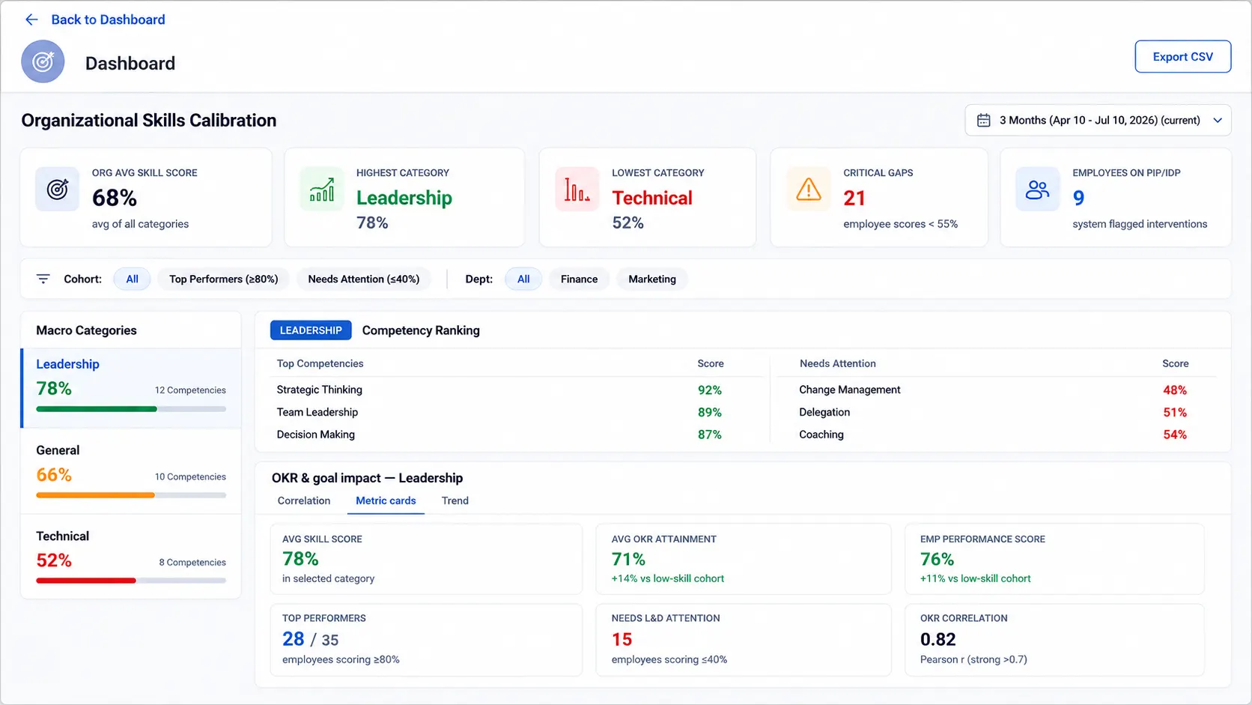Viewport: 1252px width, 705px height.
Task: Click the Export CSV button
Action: [1182, 56]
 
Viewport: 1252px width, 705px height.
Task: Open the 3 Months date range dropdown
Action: [1098, 120]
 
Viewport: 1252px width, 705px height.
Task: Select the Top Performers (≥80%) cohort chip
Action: [224, 279]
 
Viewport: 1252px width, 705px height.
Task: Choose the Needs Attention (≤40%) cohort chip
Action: [364, 279]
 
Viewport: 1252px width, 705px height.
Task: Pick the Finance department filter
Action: [579, 279]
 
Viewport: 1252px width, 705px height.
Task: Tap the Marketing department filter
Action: [652, 279]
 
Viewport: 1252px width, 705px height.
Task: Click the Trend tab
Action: [455, 500]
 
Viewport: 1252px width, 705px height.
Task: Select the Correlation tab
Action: [304, 500]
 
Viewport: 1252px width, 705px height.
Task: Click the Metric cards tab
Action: [386, 500]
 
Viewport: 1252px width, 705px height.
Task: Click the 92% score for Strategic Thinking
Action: [710, 390]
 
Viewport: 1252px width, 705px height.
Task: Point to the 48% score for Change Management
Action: [1175, 390]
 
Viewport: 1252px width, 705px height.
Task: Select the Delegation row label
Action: [824, 412]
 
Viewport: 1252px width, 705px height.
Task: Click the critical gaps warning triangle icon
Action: [808, 189]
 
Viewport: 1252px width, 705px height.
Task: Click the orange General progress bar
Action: [96, 494]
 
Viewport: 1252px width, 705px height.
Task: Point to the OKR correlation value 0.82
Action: [938, 639]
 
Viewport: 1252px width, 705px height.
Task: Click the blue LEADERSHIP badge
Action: [311, 330]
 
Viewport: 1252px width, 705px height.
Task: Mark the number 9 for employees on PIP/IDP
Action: [1079, 198]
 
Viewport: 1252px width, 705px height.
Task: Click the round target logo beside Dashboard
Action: [43, 61]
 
